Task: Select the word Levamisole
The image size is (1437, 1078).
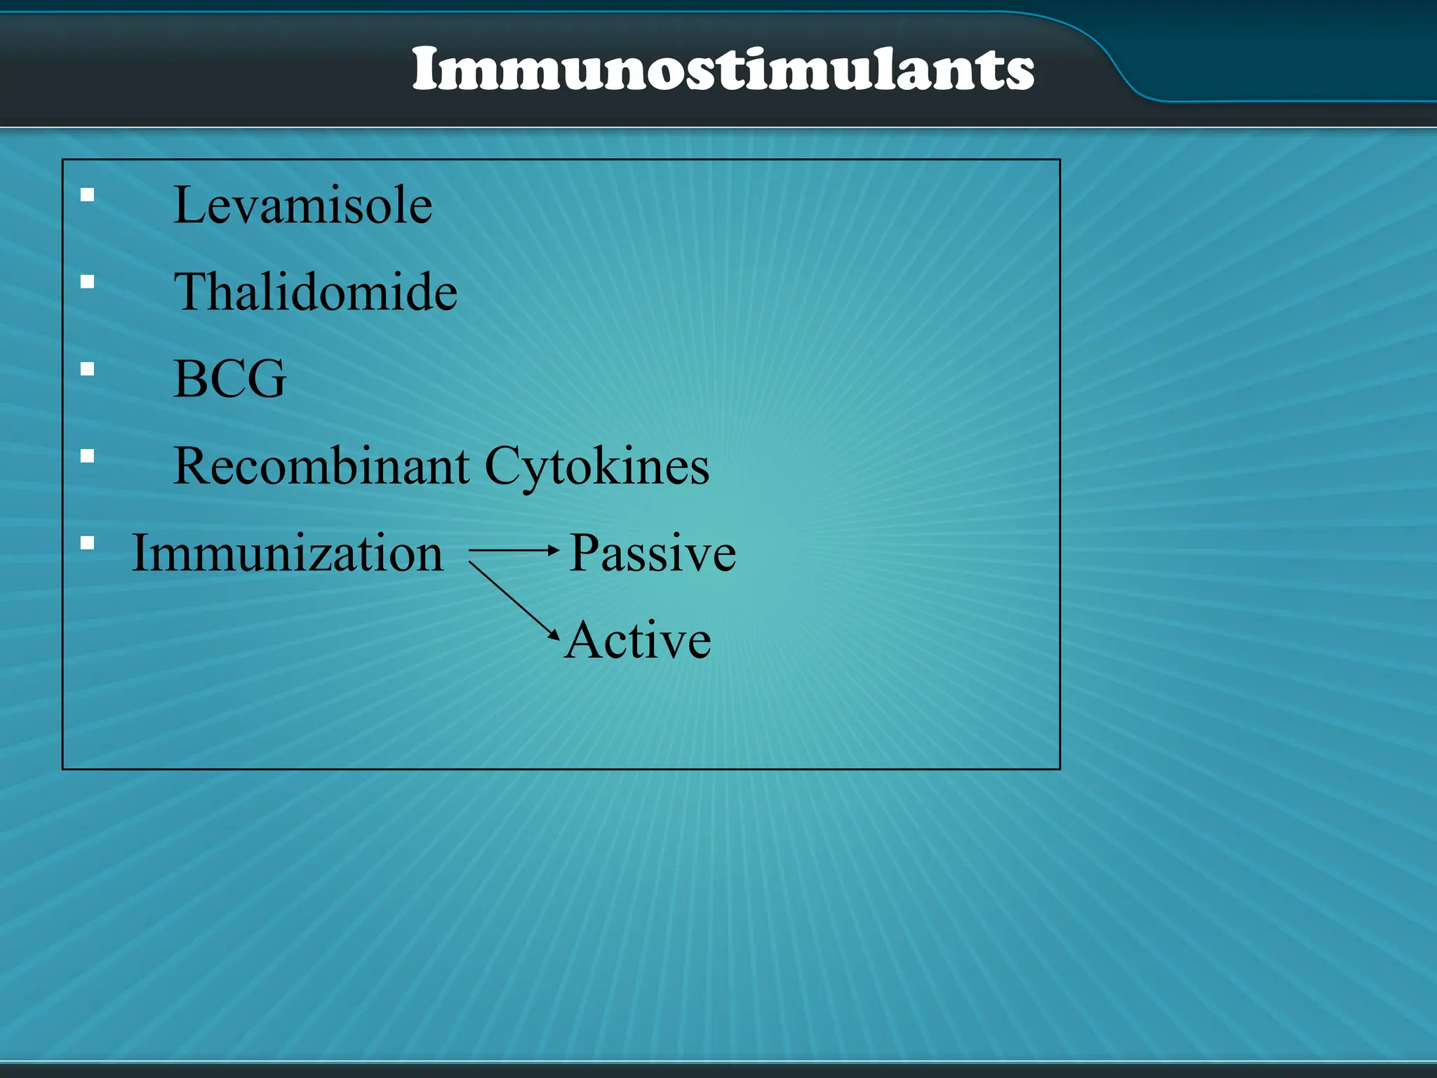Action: tap(302, 205)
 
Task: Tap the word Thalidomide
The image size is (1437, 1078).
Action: tap(315, 292)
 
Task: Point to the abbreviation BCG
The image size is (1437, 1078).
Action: tap(229, 379)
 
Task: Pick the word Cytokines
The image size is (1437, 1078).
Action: tap(596, 467)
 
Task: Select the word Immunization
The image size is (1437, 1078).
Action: tap(287, 553)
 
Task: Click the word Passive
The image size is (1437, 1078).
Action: tap(652, 553)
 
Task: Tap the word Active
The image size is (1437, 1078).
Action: tap(638, 640)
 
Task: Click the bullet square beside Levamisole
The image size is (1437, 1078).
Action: tap(87, 195)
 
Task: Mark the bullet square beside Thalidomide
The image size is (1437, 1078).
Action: tap(87, 282)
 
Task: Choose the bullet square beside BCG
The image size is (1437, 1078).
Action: tap(87, 369)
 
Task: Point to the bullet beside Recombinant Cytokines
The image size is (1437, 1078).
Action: tap(87, 456)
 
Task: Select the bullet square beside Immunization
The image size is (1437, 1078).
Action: tap(87, 543)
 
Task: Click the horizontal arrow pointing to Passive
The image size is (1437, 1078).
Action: tap(513, 551)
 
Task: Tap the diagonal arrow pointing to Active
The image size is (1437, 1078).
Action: tap(514, 600)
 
